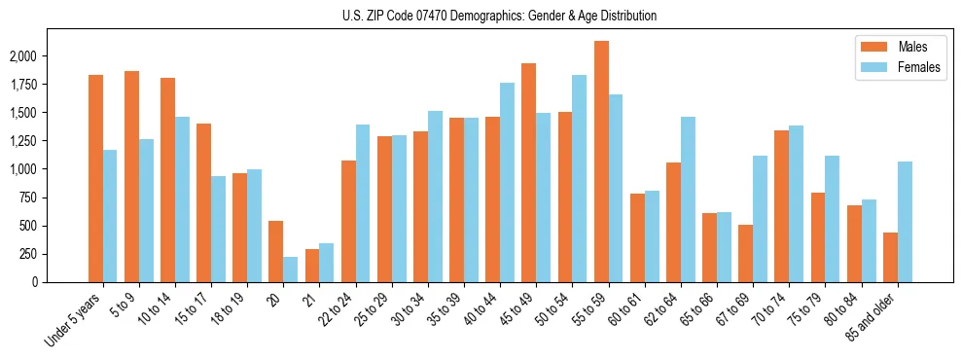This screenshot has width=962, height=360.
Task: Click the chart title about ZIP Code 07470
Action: tap(499, 16)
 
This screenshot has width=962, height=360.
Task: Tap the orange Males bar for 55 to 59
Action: tap(601, 162)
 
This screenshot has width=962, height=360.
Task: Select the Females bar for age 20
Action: tap(290, 270)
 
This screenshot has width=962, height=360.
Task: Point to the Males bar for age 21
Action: tap(312, 266)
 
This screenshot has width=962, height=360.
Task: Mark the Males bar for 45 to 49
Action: tap(529, 173)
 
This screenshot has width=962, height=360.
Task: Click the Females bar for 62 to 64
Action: tap(688, 199)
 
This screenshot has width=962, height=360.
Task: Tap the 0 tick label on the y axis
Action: tap(60, 282)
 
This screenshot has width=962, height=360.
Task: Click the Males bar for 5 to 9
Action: tap(131, 176)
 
